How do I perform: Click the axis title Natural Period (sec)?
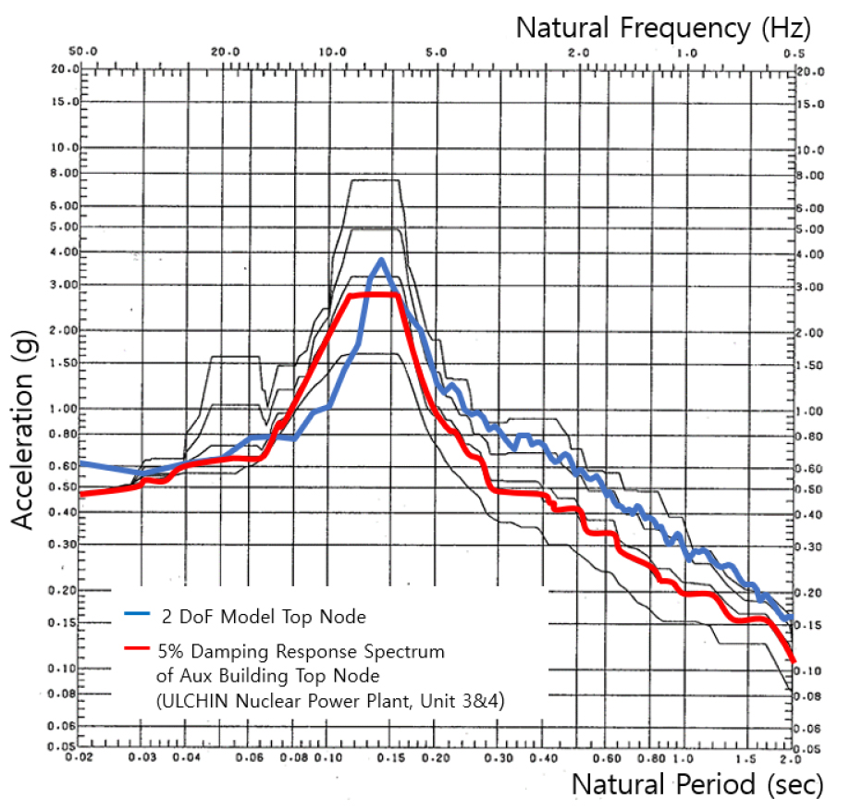696,785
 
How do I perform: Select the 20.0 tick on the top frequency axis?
226,53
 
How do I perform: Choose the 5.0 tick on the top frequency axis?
437,53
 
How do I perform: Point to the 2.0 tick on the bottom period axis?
787,758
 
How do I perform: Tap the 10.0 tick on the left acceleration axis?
61,148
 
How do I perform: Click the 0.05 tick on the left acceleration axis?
61,745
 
